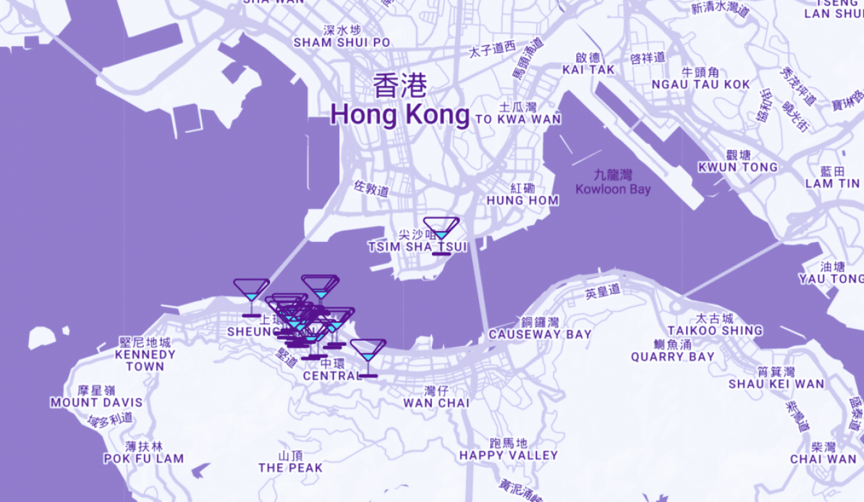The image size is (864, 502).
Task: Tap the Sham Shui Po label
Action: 342,42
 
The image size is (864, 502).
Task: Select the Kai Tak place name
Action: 588,69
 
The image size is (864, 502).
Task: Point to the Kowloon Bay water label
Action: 612,189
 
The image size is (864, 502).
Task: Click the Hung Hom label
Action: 522,200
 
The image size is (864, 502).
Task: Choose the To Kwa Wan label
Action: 518,119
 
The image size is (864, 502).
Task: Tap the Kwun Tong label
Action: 738,167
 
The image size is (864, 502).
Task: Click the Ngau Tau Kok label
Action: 700,85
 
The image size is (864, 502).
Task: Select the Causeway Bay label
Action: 540,334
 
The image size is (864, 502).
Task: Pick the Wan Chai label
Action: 436,403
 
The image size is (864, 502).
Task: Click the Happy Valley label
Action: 508,455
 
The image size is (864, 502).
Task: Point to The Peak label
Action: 291,468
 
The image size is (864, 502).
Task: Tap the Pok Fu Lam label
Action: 144,458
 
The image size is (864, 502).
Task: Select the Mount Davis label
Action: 97,403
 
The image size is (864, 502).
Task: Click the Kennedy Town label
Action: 145,360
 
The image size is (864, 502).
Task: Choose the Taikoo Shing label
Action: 715,330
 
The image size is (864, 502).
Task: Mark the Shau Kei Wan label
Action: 776,384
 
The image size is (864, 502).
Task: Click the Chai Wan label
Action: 823,458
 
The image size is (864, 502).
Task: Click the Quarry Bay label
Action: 673,357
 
